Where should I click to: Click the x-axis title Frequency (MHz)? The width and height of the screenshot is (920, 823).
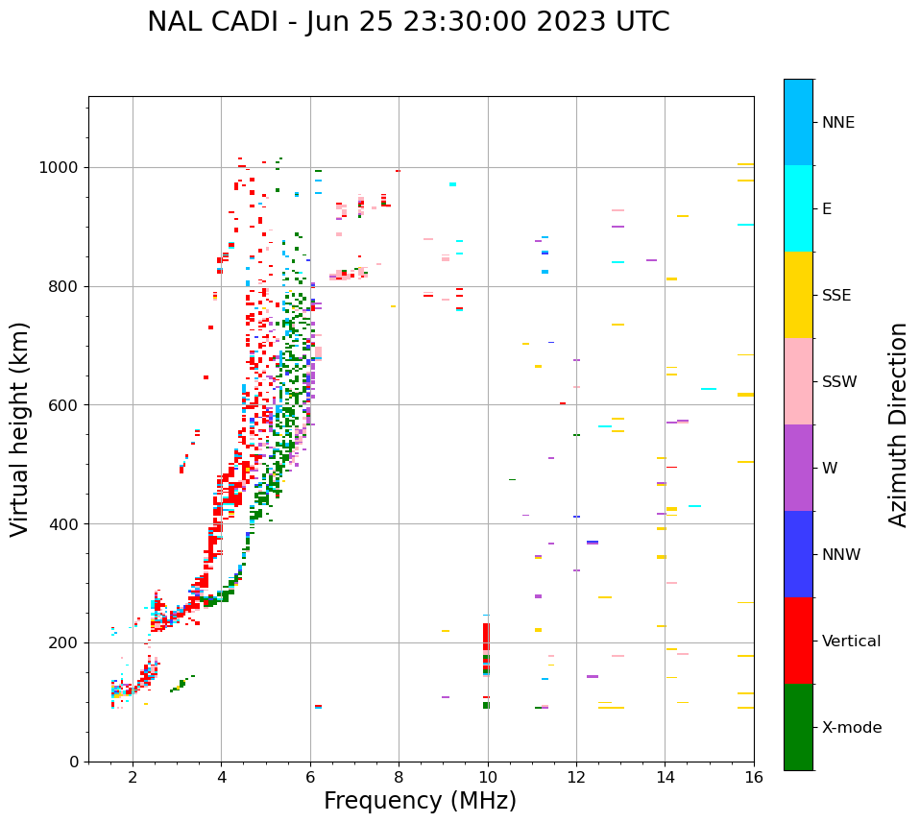click(x=420, y=801)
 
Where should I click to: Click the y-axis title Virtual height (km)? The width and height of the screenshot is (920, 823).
click(x=20, y=428)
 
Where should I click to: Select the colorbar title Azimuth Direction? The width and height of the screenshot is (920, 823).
click(x=898, y=424)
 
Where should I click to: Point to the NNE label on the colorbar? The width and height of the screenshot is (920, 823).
click(x=837, y=123)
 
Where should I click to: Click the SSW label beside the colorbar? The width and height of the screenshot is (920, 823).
click(x=838, y=382)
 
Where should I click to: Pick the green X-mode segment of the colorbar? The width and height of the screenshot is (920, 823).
click(x=798, y=727)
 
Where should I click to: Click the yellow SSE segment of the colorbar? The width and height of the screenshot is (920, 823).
click(x=798, y=295)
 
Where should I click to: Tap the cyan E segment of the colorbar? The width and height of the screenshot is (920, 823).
click(x=798, y=208)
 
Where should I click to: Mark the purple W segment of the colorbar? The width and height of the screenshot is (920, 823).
click(x=798, y=468)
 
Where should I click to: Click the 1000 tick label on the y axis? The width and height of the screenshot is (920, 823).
click(x=61, y=168)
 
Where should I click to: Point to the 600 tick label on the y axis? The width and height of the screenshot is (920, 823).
click(x=65, y=405)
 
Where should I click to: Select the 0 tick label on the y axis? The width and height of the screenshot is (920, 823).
click(x=74, y=762)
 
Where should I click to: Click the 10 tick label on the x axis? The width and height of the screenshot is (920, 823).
click(x=488, y=777)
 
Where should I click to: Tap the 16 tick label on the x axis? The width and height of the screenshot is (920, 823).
click(x=754, y=777)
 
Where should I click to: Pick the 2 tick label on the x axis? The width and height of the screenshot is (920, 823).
click(x=133, y=777)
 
